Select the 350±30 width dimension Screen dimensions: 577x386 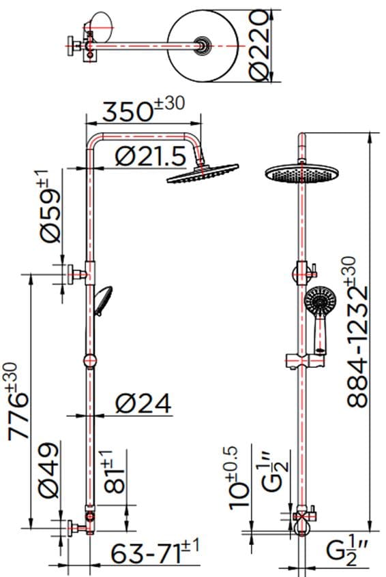(x=140, y=111)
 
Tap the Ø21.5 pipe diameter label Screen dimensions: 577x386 (x=150, y=157)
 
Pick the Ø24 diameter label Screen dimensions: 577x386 (x=143, y=403)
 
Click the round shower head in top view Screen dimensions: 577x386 (x=203, y=45)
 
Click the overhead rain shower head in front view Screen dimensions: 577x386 (x=299, y=173)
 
